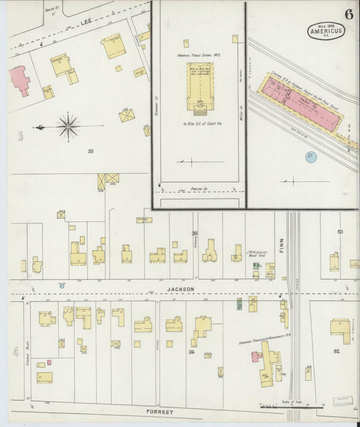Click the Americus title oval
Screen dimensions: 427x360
(326, 30)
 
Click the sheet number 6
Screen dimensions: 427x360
(349, 14)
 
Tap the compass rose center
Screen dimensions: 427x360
(68, 126)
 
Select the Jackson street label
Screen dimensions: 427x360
(181, 289)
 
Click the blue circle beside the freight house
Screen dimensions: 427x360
(310, 157)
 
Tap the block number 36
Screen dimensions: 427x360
(191, 353)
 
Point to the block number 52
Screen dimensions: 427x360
(336, 352)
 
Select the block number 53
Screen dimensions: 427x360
(340, 232)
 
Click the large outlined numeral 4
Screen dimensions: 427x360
(15, 352)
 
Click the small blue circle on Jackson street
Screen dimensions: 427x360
(62, 286)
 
